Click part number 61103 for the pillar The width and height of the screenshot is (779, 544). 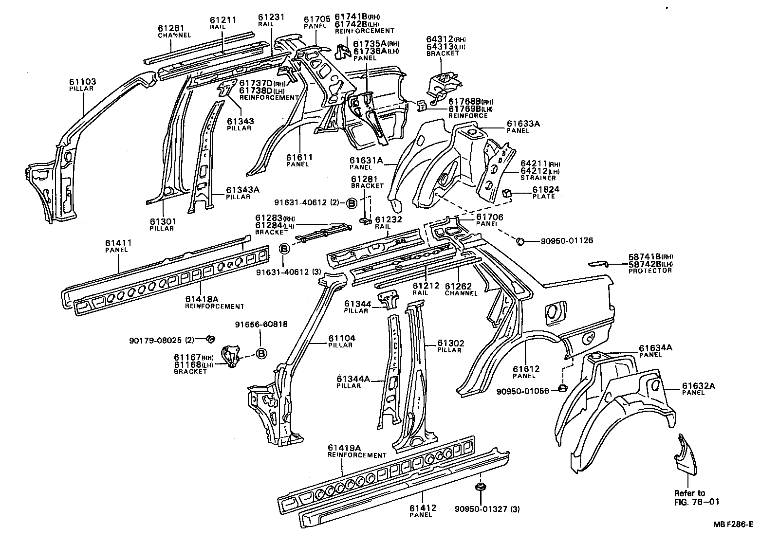[x=82, y=82]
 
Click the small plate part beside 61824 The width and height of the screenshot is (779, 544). [x=508, y=193]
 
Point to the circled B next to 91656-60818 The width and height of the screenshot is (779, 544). [x=261, y=354]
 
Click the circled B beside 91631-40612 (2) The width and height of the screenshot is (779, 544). [x=352, y=203]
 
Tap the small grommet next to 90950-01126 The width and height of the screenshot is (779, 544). [x=519, y=240]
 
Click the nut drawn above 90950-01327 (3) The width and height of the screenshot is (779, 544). [x=480, y=488]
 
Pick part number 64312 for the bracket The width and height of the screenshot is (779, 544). [x=440, y=38]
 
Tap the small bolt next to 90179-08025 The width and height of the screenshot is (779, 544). [x=211, y=339]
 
